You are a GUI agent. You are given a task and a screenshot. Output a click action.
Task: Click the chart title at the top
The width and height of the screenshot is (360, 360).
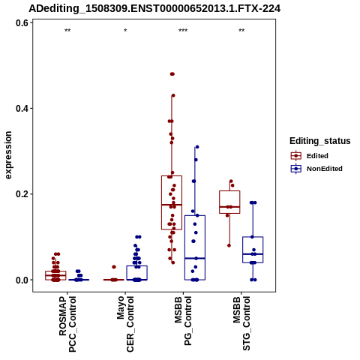point(154,9)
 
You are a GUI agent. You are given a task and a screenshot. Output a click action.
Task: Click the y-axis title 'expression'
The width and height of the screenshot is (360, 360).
point(8,155)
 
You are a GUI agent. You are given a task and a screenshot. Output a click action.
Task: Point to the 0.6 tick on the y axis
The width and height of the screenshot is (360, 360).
point(22,23)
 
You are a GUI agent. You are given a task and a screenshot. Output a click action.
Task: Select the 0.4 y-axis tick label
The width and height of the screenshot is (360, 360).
point(22,109)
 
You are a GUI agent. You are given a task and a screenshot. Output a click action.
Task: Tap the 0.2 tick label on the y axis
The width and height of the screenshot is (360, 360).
point(22,194)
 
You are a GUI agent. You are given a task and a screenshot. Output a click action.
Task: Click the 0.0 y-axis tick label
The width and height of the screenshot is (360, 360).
point(22,280)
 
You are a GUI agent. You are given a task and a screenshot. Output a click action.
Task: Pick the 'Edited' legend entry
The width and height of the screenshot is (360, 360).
point(317,156)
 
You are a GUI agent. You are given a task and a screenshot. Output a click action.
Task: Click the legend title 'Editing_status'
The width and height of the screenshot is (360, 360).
point(320,141)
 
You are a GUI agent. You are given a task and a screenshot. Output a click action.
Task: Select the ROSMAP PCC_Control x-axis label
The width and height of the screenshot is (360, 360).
point(67,324)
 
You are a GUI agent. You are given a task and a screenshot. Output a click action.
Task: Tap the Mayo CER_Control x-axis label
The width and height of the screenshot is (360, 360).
point(125,324)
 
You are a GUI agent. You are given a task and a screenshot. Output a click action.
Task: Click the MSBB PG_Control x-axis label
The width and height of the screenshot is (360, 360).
point(183,321)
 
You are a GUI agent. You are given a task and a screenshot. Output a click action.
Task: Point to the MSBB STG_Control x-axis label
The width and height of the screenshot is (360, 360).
point(241,323)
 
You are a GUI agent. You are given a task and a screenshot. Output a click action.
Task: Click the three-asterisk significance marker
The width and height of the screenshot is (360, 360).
point(183,31)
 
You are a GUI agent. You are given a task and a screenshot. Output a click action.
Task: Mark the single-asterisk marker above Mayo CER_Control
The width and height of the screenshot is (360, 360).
point(125,31)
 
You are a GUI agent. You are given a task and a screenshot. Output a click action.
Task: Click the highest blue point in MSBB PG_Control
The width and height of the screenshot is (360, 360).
point(197,147)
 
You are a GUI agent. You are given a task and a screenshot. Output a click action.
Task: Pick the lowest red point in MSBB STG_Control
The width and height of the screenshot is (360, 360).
point(229,245)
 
